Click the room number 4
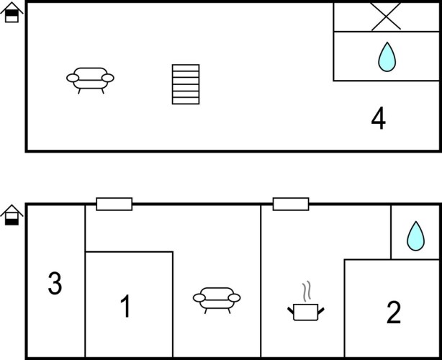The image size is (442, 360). (x=379, y=118)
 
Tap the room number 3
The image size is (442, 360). (x=55, y=284)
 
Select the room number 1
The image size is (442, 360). (x=125, y=306)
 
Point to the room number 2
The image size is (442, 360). (x=394, y=312)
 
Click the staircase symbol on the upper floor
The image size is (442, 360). (x=186, y=84)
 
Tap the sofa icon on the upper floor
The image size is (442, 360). (x=90, y=81)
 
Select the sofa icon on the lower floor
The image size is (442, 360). (x=217, y=300)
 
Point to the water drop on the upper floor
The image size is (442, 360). (x=387, y=57)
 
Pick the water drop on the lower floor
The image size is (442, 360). (x=416, y=236)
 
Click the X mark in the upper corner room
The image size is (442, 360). (x=386, y=16)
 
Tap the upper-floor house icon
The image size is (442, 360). (x=12, y=12)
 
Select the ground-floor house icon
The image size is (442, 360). (x=12, y=215)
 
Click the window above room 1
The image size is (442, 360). (x=114, y=204)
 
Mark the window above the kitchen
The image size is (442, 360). (x=291, y=204)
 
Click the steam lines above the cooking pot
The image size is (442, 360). (x=307, y=291)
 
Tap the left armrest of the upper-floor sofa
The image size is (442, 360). (x=73, y=78)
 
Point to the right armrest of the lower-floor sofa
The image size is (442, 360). (x=234, y=297)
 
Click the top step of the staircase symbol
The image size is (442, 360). (x=186, y=68)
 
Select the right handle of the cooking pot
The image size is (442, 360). (x=321, y=311)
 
